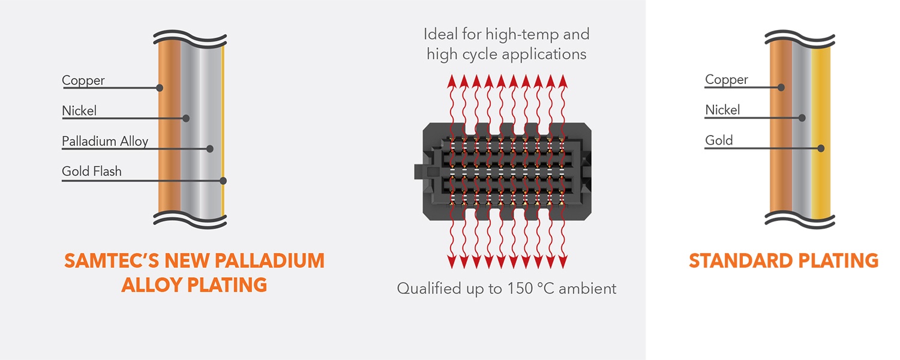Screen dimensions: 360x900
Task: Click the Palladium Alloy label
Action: [105, 142]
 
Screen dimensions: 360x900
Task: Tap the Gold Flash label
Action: [92, 172]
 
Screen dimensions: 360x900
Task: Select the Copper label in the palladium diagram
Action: [83, 80]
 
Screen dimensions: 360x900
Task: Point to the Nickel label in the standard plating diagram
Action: [722, 110]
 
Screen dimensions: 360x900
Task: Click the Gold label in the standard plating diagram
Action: [719, 141]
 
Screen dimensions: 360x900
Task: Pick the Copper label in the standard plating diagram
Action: [727, 80]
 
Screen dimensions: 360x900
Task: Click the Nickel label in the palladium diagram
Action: [79, 111]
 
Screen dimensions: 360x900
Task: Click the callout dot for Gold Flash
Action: [223, 180]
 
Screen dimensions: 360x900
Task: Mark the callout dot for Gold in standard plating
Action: [821, 148]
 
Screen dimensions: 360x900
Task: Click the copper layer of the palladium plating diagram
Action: [169, 132]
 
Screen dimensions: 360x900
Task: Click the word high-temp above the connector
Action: [530, 34]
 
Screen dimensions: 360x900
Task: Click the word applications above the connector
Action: [544, 55]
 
